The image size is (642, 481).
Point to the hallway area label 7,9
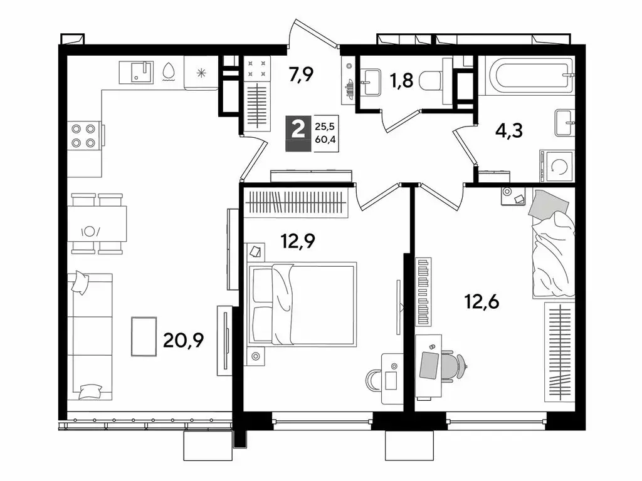(300, 75)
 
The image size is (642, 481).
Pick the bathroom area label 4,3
(508, 131)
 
